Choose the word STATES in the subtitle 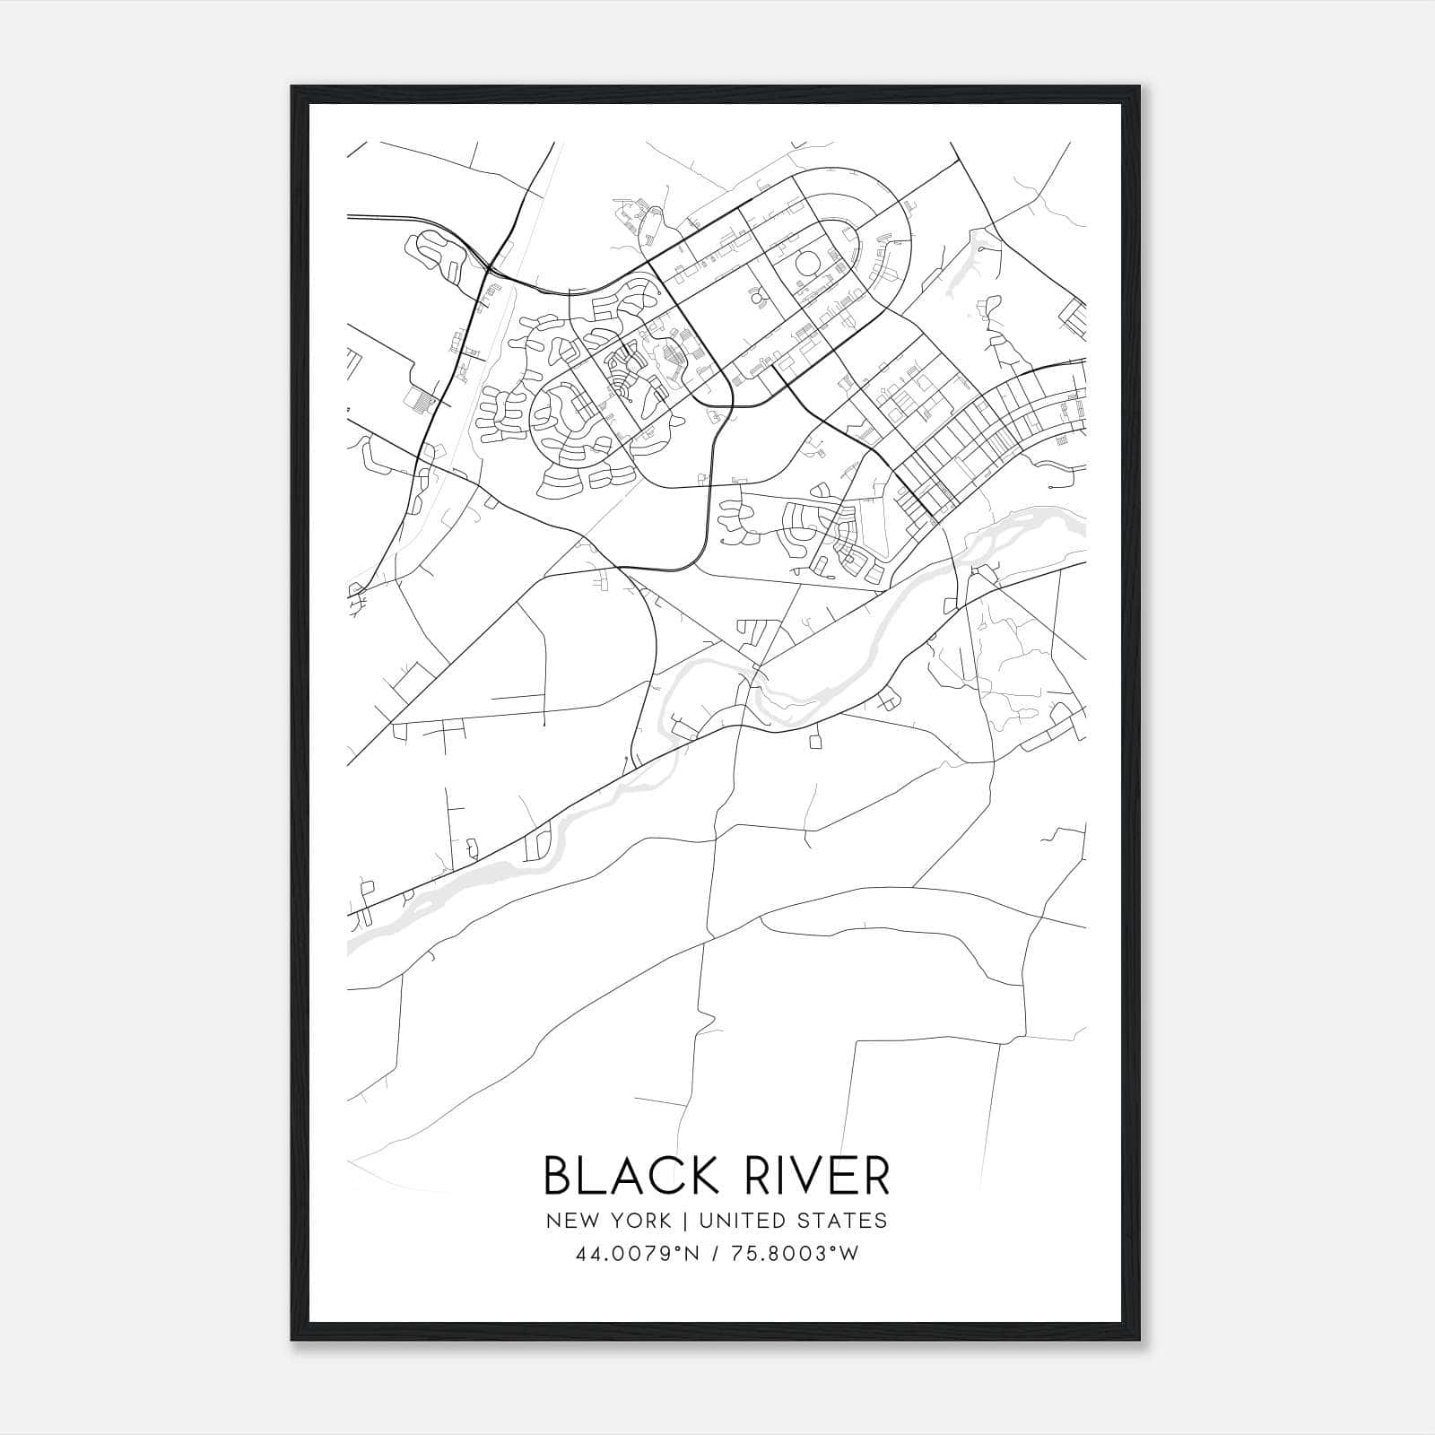pyautogui.click(x=846, y=1221)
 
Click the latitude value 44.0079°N pyautogui.click(x=639, y=1253)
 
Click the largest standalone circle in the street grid pyautogui.click(x=807, y=265)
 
